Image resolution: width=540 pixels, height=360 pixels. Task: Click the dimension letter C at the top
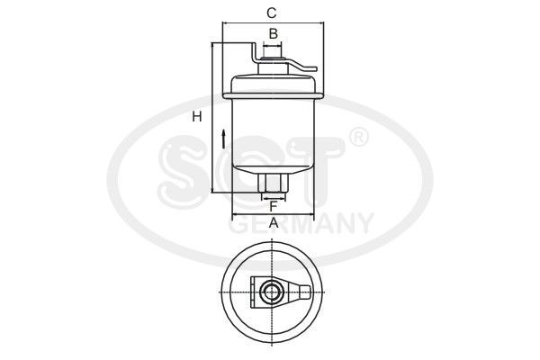270,13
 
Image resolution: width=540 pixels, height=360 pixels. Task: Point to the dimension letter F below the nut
273,207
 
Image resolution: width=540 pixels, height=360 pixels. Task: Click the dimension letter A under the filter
273,223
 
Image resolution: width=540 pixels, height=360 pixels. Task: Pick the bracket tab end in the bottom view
309,292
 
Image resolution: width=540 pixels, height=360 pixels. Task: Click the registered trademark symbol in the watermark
357,138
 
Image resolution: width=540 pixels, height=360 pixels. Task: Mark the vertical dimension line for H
212,117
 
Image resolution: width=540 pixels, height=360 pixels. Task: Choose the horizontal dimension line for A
273,216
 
